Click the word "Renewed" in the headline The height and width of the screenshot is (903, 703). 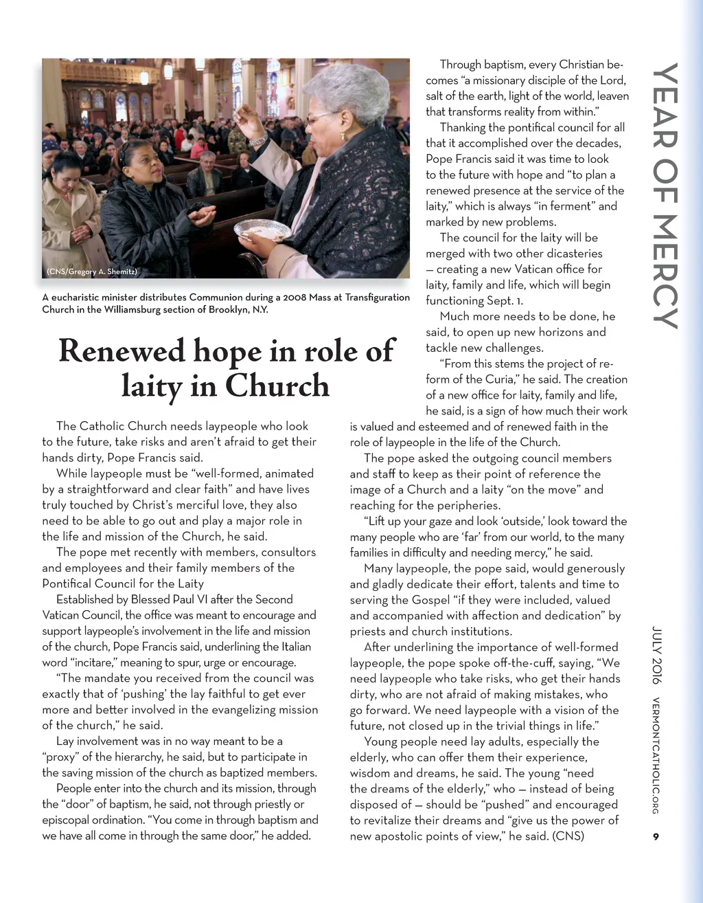(121, 350)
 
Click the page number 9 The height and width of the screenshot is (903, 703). (656, 836)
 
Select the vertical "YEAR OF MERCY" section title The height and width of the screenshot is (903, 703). (665, 196)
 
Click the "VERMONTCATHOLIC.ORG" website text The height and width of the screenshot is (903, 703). (656, 755)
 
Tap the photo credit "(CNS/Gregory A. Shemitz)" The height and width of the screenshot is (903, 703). (92, 271)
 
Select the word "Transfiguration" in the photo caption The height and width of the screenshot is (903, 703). (371, 298)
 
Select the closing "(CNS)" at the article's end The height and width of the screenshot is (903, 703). (568, 836)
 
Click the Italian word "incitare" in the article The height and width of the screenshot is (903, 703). (91, 662)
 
